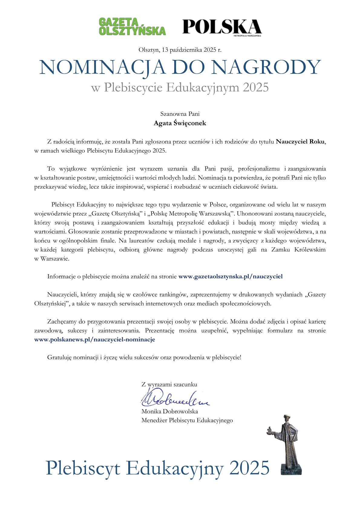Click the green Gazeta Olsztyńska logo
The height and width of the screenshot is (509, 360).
point(132,27)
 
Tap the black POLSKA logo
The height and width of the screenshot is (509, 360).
point(222,27)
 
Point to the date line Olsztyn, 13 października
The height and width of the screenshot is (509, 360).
point(180,50)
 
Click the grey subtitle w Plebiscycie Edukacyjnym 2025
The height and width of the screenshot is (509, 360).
point(180,87)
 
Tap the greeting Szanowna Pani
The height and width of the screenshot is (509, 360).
point(180,114)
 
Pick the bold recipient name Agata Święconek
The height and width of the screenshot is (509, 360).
point(180,123)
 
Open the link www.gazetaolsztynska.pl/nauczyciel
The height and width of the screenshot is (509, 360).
point(231,276)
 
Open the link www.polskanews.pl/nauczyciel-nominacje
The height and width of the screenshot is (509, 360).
point(95,340)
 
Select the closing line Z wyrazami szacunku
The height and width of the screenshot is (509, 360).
point(169,385)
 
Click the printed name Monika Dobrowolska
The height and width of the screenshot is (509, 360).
point(169,412)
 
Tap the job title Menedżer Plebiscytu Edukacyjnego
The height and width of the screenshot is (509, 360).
point(187,420)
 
